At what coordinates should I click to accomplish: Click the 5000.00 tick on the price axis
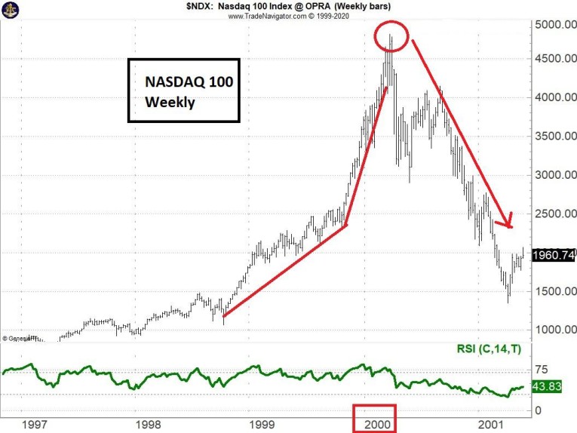(553, 25)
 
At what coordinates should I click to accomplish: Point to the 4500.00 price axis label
(553, 59)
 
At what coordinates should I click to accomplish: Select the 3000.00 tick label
(553, 175)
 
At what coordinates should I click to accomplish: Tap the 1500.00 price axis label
(553, 291)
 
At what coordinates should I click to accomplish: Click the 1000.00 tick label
(553, 330)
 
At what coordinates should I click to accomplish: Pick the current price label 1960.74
(554, 255)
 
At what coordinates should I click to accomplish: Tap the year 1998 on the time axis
(140, 423)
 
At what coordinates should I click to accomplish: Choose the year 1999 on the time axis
(259, 423)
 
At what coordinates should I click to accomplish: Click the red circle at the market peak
(389, 35)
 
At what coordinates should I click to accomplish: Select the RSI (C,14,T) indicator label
(493, 349)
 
